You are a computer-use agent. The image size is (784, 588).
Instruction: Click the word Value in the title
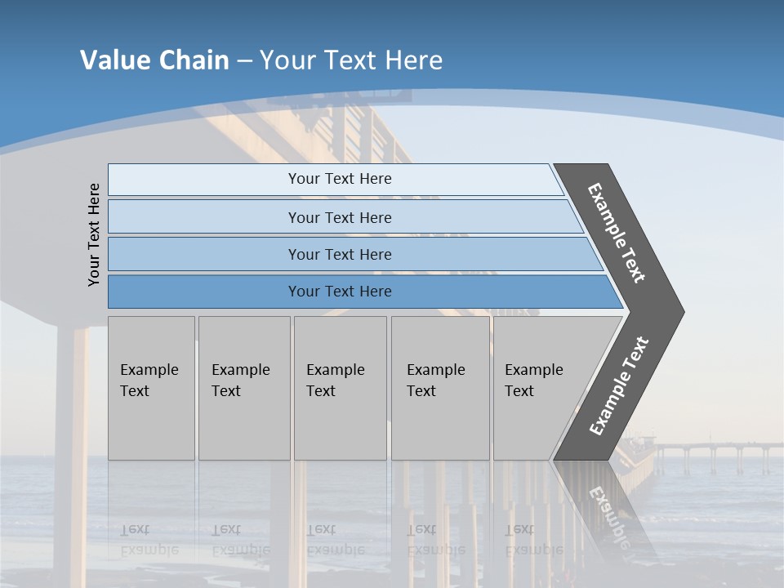tap(114, 60)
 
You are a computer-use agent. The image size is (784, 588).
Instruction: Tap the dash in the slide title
tap(244, 61)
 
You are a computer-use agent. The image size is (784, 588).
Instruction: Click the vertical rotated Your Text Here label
tap(94, 234)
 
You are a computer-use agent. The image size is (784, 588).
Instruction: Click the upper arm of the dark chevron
tap(617, 233)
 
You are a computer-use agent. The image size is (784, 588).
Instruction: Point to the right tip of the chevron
tap(681, 311)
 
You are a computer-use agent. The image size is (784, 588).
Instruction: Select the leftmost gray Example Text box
tap(151, 388)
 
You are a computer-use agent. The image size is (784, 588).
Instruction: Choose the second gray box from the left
tap(243, 388)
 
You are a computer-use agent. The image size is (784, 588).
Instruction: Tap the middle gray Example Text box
tap(340, 388)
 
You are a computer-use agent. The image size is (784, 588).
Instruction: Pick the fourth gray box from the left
tap(440, 388)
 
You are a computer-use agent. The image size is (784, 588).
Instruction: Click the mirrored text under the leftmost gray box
tap(149, 540)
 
